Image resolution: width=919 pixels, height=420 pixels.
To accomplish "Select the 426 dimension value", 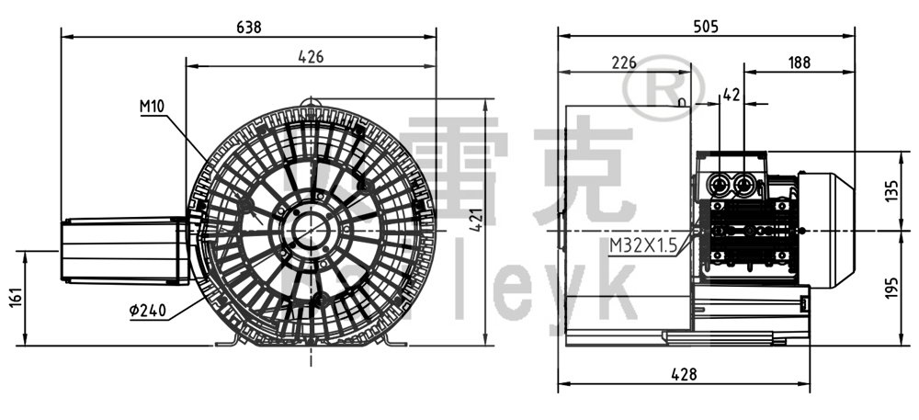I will (x=310, y=57).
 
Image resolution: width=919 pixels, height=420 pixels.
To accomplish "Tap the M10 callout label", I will (x=152, y=107).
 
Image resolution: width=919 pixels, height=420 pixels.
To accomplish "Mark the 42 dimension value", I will (x=732, y=94).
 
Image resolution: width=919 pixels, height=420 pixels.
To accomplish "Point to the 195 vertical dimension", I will (x=891, y=288).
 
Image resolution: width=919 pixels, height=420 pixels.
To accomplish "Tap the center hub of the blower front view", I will (x=310, y=225).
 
